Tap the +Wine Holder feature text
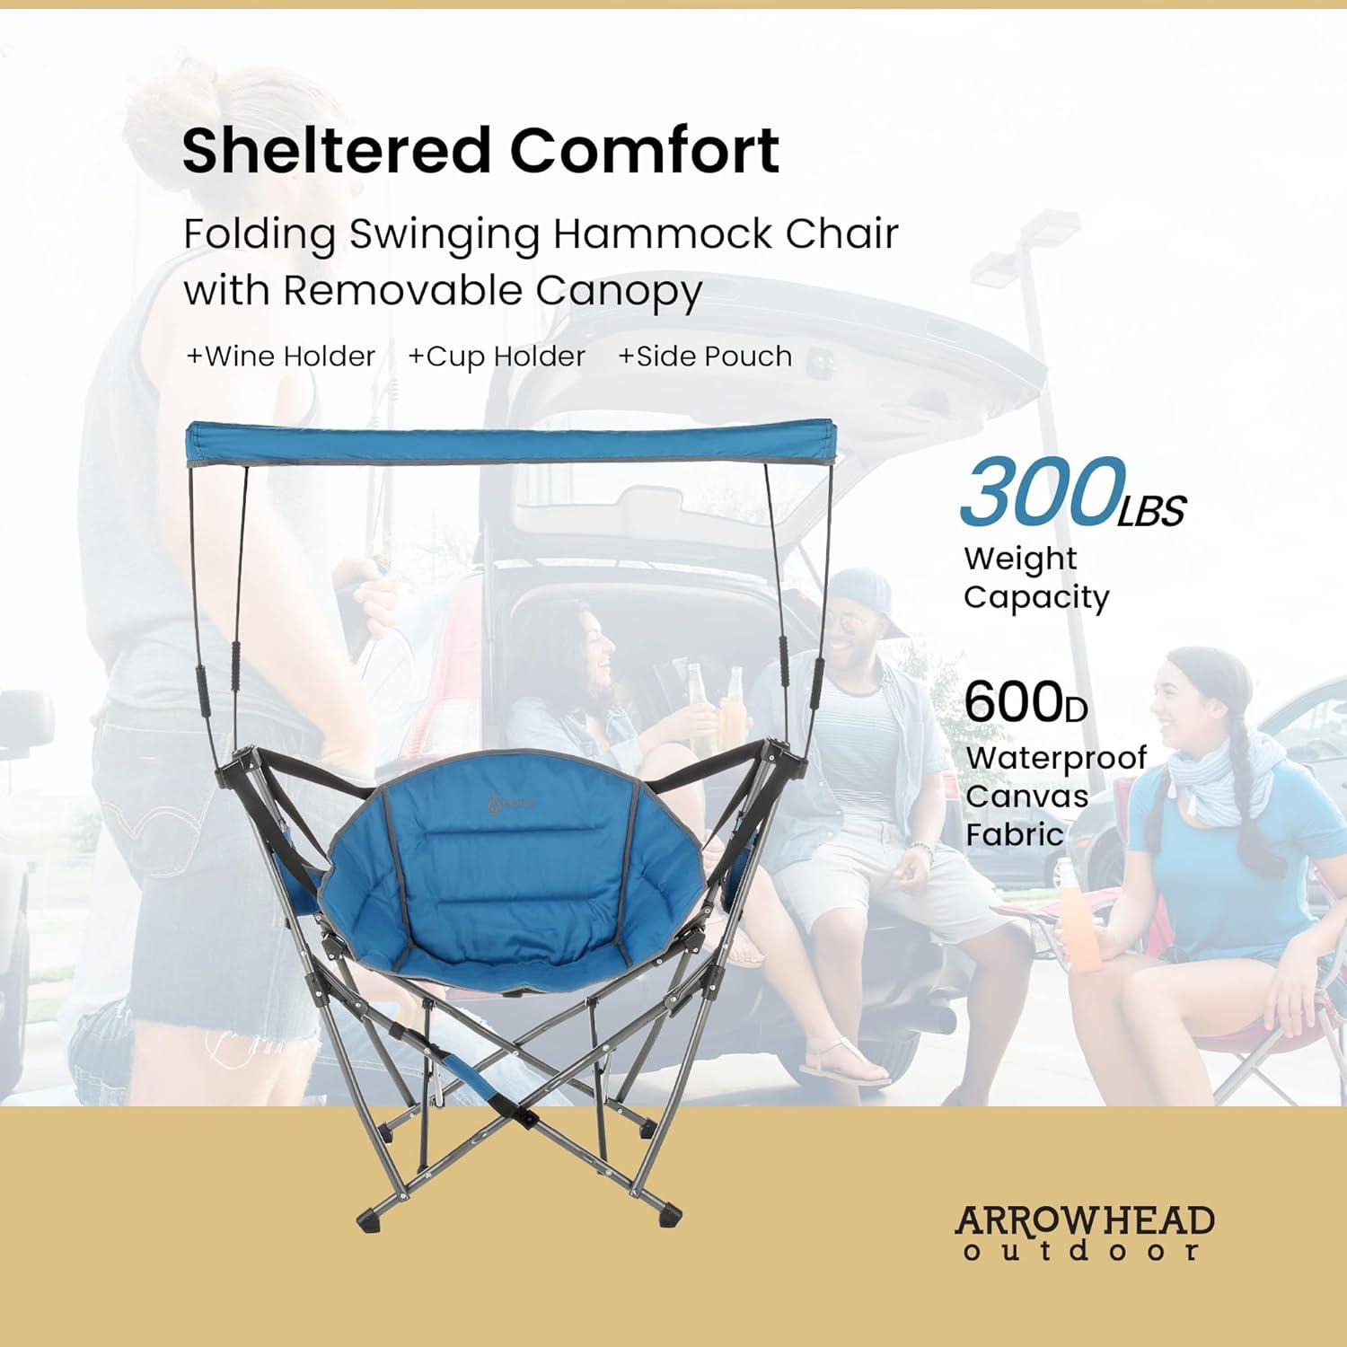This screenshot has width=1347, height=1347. [280, 357]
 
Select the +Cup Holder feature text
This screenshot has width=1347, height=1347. [497, 357]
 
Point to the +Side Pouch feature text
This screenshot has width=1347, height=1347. [705, 357]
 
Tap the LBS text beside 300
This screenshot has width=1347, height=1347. [1152, 510]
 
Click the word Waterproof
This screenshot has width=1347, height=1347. [1056, 757]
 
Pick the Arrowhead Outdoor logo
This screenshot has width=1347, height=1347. [1085, 1232]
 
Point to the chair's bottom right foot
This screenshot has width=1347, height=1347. [669, 1217]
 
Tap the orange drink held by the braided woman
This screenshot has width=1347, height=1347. [1084, 938]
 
